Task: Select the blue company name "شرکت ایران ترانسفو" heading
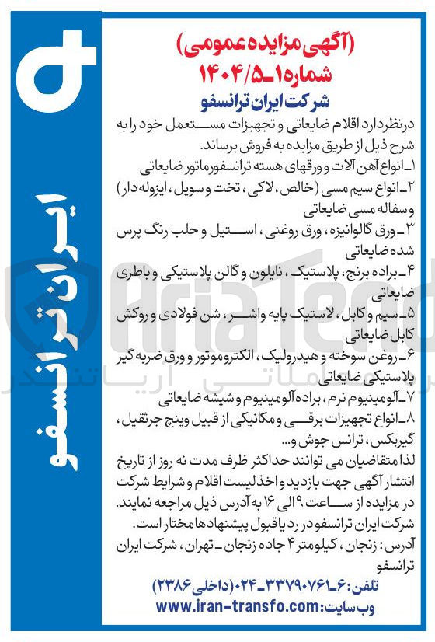269,102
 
